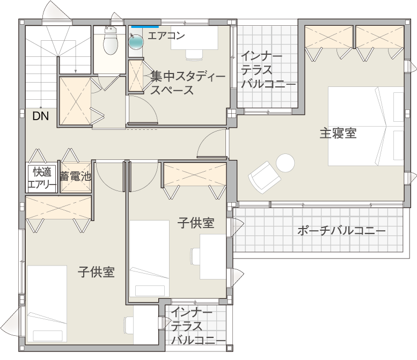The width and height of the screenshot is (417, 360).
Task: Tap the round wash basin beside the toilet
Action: (136, 42)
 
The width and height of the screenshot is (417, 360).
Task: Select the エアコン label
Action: (166, 36)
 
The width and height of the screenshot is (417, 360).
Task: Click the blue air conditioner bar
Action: (145, 25)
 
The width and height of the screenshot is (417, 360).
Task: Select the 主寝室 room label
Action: (338, 133)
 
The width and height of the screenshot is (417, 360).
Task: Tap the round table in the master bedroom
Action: (285, 163)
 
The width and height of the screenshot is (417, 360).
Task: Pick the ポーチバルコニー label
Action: (341, 231)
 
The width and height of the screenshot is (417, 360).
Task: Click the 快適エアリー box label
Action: (42, 179)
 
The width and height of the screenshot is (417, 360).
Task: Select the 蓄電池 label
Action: (75, 175)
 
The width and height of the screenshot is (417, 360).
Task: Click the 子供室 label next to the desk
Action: (196, 223)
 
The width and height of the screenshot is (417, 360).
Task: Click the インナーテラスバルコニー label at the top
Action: (268, 70)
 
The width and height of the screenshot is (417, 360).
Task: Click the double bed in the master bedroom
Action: (365, 127)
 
